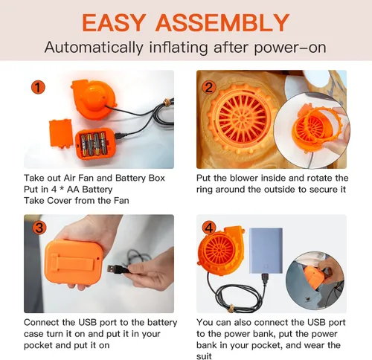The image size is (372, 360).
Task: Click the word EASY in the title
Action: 114,22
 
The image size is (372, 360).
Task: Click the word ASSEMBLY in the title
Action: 222,22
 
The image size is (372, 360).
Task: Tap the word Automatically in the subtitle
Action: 94,47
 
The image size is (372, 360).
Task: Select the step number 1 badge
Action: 38,87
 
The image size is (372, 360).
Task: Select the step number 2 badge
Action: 209,87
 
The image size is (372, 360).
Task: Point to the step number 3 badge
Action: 39,228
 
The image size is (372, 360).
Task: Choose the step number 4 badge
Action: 209,228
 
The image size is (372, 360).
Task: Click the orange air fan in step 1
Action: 94,99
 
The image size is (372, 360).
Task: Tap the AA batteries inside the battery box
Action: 94,144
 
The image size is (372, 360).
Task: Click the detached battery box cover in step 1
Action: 61,133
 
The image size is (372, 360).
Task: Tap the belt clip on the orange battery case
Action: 73,263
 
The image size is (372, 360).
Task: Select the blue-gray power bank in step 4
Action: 266,251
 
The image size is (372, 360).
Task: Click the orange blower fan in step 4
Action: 220,249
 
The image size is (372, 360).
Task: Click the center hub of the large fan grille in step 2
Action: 242,119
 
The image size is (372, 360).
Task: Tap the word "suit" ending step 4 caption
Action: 204,356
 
